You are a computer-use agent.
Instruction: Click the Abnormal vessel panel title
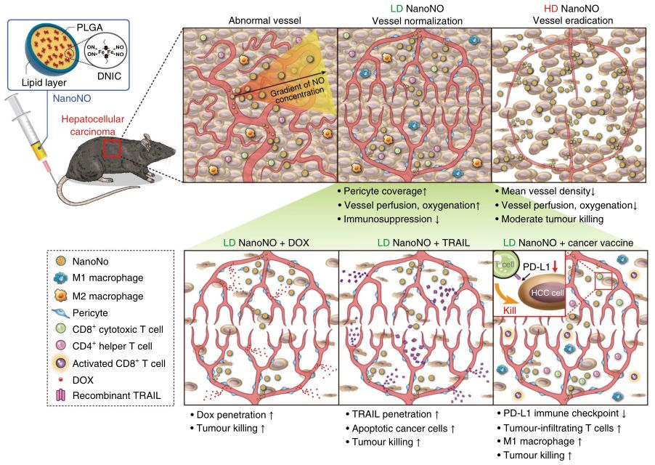click(259, 20)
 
